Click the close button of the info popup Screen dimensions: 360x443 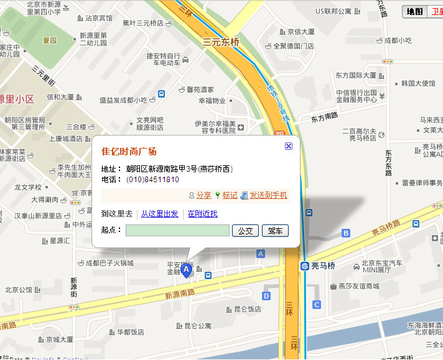(289, 145)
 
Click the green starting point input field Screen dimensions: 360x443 (177, 231)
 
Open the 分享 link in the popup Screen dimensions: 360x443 (203, 195)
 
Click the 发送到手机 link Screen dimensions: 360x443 (268, 195)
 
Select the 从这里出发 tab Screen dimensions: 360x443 (159, 214)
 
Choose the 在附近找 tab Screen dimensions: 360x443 (202, 214)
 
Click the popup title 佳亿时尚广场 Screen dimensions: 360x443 (129, 152)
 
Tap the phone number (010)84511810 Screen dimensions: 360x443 (152, 180)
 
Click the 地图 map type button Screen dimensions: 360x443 (414, 11)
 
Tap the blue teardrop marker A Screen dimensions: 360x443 (185, 272)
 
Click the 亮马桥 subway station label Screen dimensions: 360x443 (323, 266)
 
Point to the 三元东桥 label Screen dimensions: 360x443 (221, 42)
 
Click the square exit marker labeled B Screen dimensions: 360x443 (346, 233)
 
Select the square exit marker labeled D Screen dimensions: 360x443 (266, 296)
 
